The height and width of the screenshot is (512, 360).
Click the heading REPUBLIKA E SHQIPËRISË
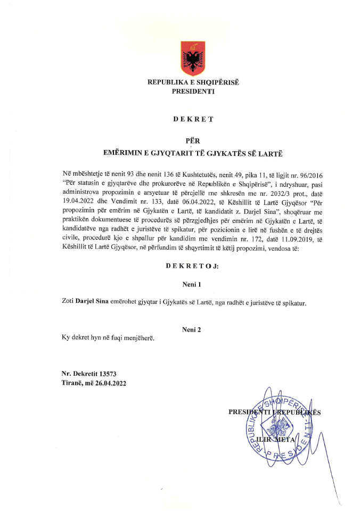pyautogui.click(x=193, y=82)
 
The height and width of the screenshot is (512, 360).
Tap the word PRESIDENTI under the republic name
pyautogui.click(x=193, y=91)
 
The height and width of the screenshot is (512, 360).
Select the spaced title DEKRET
pyautogui.click(x=193, y=119)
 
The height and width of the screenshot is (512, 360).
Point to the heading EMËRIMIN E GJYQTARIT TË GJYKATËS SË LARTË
pyautogui.click(x=193, y=153)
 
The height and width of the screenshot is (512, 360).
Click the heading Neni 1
pyautogui.click(x=192, y=285)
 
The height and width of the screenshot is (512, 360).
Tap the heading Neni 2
pyautogui.click(x=192, y=330)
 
